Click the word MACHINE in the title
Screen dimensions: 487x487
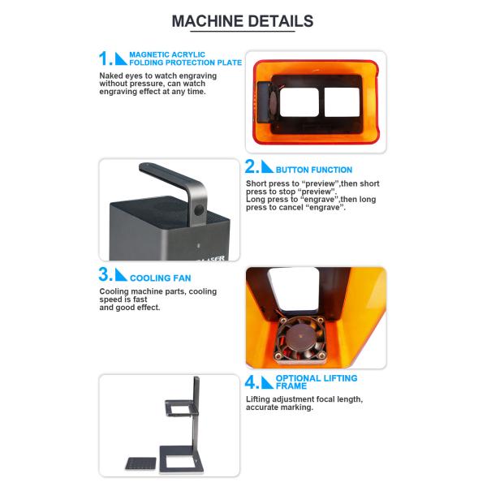[208, 21]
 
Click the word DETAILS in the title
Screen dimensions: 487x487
[281, 21]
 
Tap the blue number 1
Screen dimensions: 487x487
[105, 58]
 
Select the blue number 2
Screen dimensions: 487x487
[252, 166]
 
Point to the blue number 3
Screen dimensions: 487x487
[105, 274]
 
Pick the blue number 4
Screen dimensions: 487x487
[252, 382]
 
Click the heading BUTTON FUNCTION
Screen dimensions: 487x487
[314, 170]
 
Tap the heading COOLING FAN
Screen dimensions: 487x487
[160, 278]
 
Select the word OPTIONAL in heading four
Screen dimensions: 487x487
[298, 378]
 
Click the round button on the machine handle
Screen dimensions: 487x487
[199, 210]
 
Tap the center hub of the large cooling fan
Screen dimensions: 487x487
[300, 338]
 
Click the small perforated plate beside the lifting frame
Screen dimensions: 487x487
[140, 463]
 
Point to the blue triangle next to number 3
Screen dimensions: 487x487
[121, 274]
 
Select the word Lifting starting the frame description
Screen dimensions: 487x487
[257, 399]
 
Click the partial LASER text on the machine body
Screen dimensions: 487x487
[212, 258]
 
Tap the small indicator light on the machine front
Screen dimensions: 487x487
[199, 246]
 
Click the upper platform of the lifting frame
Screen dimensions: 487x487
[182, 407]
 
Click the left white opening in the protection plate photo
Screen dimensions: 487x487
[300, 102]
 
